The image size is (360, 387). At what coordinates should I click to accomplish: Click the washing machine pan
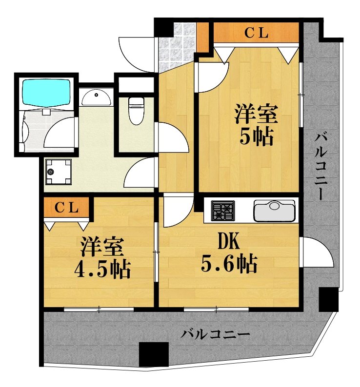59,172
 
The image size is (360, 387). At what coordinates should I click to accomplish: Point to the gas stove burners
223,211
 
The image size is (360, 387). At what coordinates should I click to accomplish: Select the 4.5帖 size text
102,269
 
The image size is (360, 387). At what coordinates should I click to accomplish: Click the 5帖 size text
256,138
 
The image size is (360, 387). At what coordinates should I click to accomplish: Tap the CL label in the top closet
256,33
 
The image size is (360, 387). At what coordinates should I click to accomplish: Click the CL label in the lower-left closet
66,208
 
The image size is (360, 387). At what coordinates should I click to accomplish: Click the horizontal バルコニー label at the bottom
216,334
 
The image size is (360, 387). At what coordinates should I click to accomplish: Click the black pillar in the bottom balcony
153,354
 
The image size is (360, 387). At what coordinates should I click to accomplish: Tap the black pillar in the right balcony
328,299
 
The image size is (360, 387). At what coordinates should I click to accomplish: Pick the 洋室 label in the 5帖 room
256,115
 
